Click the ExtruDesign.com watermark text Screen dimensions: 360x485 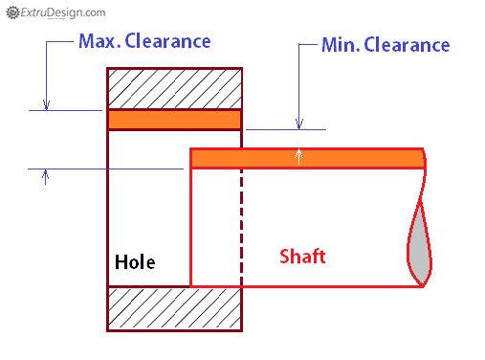61,12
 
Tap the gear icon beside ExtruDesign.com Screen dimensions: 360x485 11,12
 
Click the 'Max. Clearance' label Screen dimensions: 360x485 143,42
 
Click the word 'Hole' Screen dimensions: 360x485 135,261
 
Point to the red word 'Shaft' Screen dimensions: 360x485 302,257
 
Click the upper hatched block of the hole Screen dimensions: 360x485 174,89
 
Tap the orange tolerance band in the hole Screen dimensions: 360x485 174,120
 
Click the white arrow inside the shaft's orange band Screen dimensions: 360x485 300,155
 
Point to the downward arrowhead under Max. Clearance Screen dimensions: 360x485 45,104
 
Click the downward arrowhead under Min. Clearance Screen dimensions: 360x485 299,123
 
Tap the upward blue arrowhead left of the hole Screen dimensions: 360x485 45,175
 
